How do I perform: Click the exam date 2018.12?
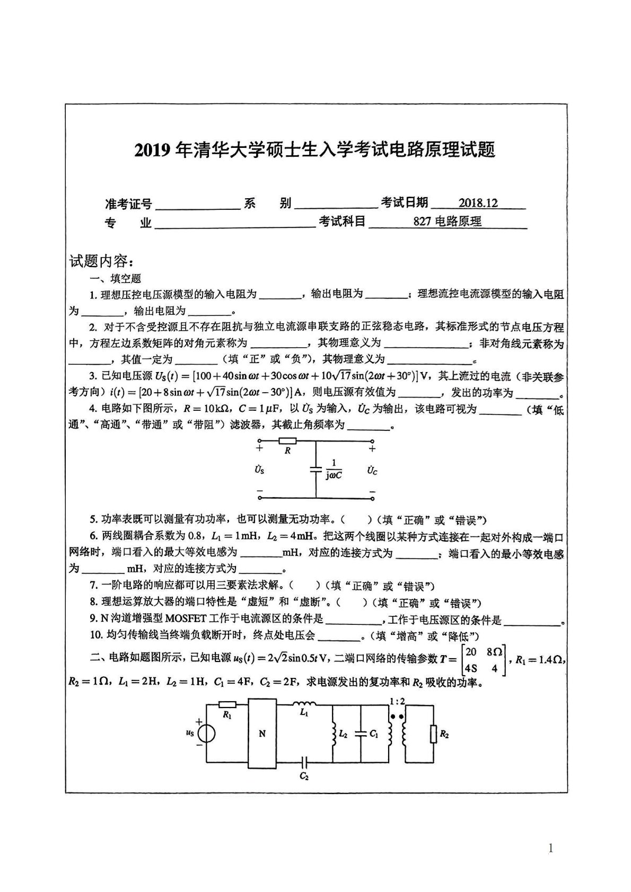pyautogui.click(x=478, y=202)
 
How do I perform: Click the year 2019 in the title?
pyautogui.click(x=151, y=151)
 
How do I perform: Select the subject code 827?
pyautogui.click(x=423, y=222)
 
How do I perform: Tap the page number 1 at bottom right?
pyautogui.click(x=550, y=849)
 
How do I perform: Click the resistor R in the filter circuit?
pyautogui.click(x=288, y=441)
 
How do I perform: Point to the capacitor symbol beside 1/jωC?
pyautogui.click(x=316, y=469)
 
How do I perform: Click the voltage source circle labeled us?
pyautogui.click(x=206, y=734)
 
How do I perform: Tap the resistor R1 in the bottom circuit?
pyautogui.click(x=227, y=705)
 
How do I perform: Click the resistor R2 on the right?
pyautogui.click(x=433, y=734)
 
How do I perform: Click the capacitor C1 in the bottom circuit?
pyautogui.click(x=361, y=734)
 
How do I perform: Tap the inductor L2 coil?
pyautogui.click(x=334, y=735)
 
